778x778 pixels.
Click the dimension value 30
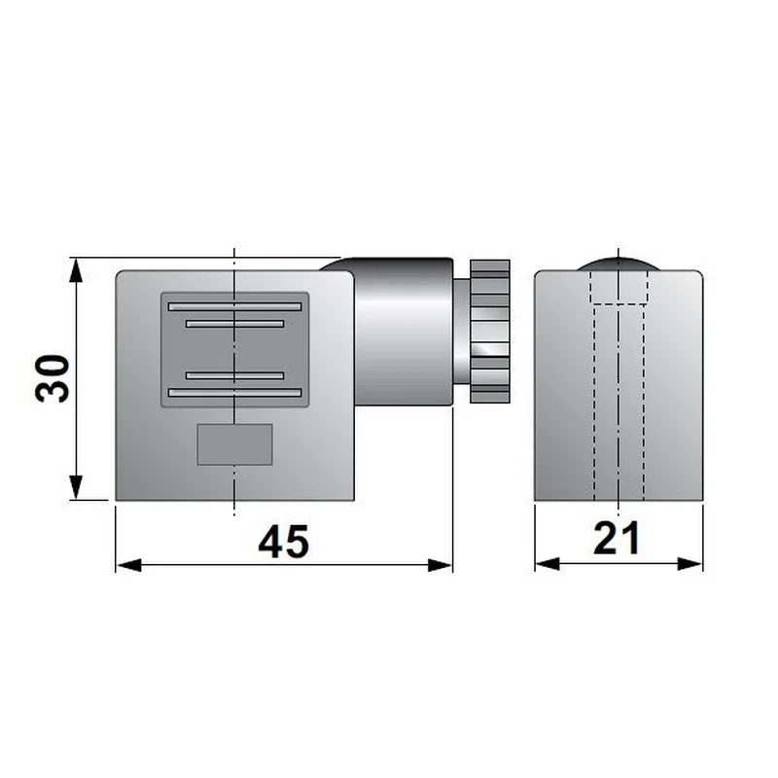53,378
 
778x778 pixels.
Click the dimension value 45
284,542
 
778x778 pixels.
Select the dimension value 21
617,539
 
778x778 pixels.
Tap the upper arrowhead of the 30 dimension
76,270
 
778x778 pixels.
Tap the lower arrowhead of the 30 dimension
76,487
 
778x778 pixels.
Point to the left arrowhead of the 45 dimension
128,565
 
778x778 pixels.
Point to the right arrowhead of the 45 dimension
441,565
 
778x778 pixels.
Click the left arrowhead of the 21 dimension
548,564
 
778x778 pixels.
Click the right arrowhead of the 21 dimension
690,564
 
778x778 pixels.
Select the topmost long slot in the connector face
234,306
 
